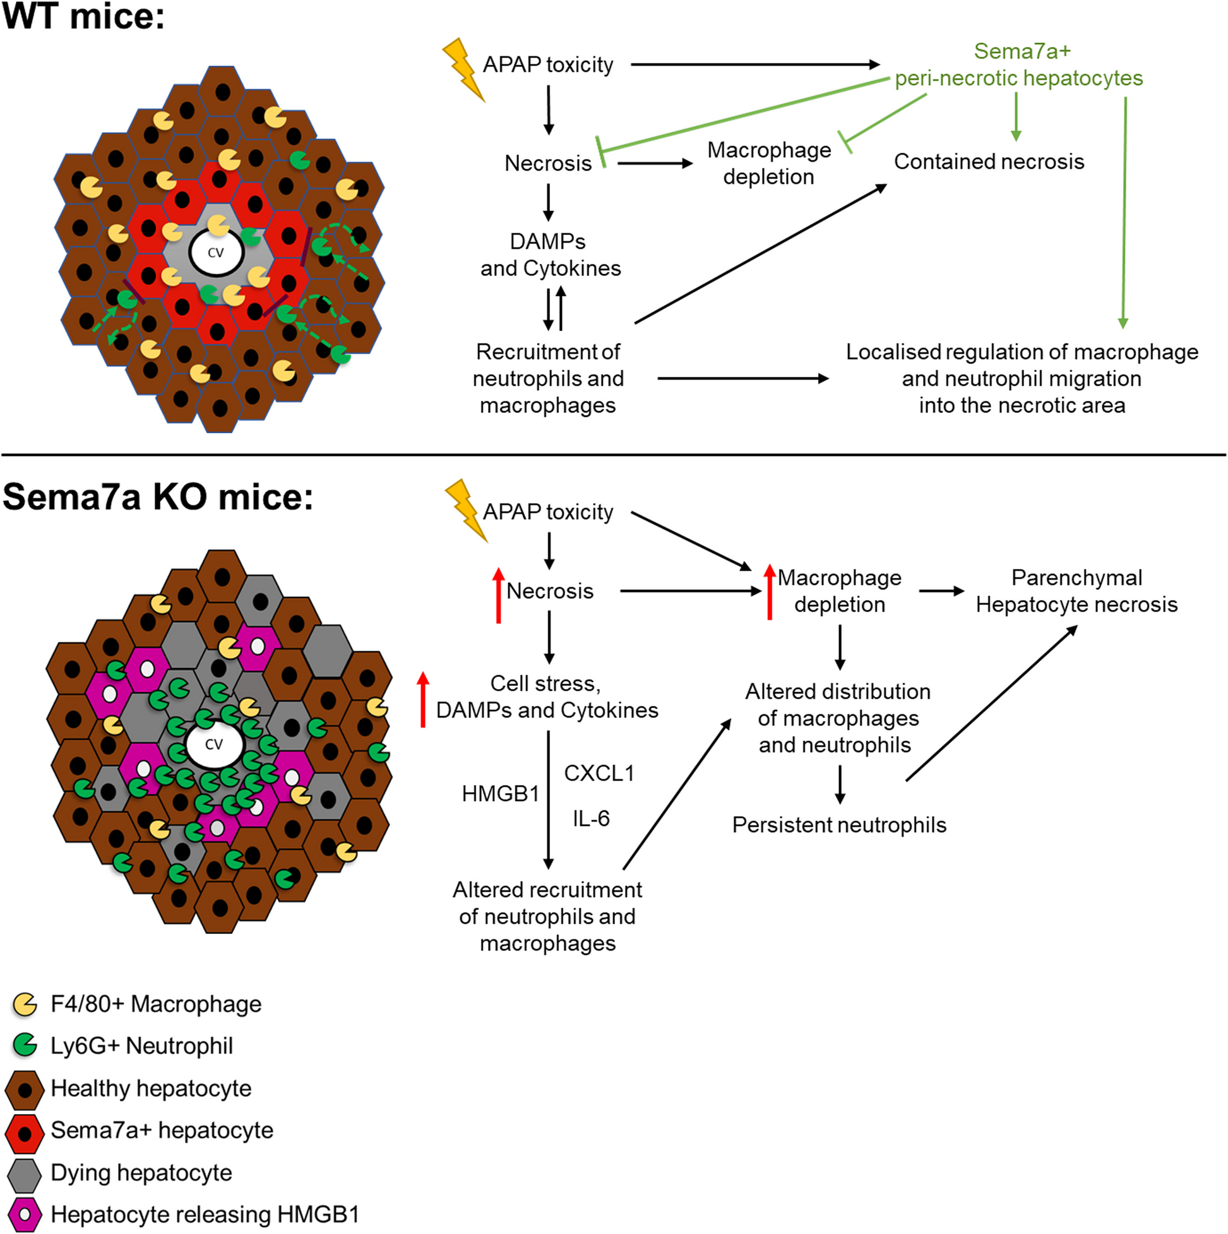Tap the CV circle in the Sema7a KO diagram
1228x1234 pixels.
point(214,744)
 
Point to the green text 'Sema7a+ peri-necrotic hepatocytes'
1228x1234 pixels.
point(1019,64)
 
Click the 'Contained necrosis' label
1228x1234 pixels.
point(989,162)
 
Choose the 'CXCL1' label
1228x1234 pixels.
point(599,774)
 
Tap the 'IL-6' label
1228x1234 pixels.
point(591,818)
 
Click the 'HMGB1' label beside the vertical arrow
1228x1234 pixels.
point(500,793)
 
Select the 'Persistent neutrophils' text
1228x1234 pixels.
point(839,825)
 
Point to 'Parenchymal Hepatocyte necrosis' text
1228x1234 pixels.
point(1076,591)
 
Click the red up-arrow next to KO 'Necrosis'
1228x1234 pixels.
point(499,596)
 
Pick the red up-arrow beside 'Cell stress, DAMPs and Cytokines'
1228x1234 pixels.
point(423,699)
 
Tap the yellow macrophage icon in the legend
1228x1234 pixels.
point(25,1005)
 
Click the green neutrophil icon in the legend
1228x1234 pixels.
point(25,1046)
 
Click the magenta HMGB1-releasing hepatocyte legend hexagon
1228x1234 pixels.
point(25,1215)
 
